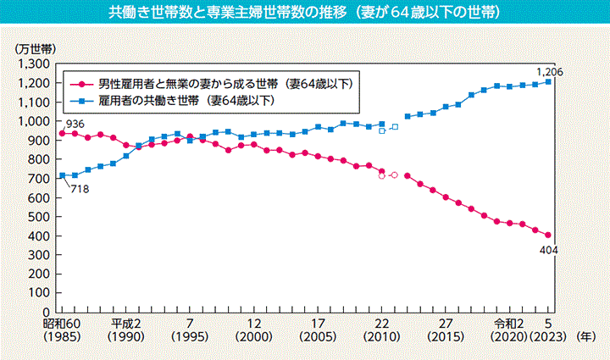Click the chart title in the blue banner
(304, 14)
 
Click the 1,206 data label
(550, 70)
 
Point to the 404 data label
(547, 251)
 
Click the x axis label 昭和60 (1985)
(62, 330)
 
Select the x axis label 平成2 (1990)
(125, 330)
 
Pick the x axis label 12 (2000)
(253, 330)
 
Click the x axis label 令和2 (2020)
(510, 330)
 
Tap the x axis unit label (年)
(585, 336)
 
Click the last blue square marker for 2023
(548, 82)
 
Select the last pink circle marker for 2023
(548, 235)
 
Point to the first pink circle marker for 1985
(62, 134)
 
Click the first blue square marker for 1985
(62, 175)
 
